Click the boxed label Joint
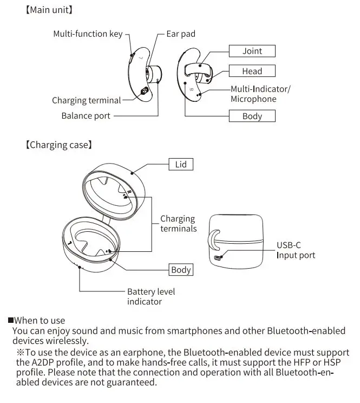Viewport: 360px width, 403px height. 252,51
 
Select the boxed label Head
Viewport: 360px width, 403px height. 252,71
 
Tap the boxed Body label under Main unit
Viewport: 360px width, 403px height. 252,116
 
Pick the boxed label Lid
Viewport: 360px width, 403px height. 181,164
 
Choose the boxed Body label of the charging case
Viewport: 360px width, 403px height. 181,270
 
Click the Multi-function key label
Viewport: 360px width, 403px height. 88,34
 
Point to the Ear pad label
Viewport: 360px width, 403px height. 180,34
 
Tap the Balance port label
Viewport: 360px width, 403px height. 86,115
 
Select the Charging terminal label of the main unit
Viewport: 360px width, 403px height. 86,100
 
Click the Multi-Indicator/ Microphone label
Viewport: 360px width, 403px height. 260,94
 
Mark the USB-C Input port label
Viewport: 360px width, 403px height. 296,250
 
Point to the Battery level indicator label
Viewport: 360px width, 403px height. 151,296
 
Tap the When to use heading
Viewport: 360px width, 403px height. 36,321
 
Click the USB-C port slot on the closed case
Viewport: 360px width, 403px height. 217,257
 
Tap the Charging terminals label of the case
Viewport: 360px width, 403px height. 178,224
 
